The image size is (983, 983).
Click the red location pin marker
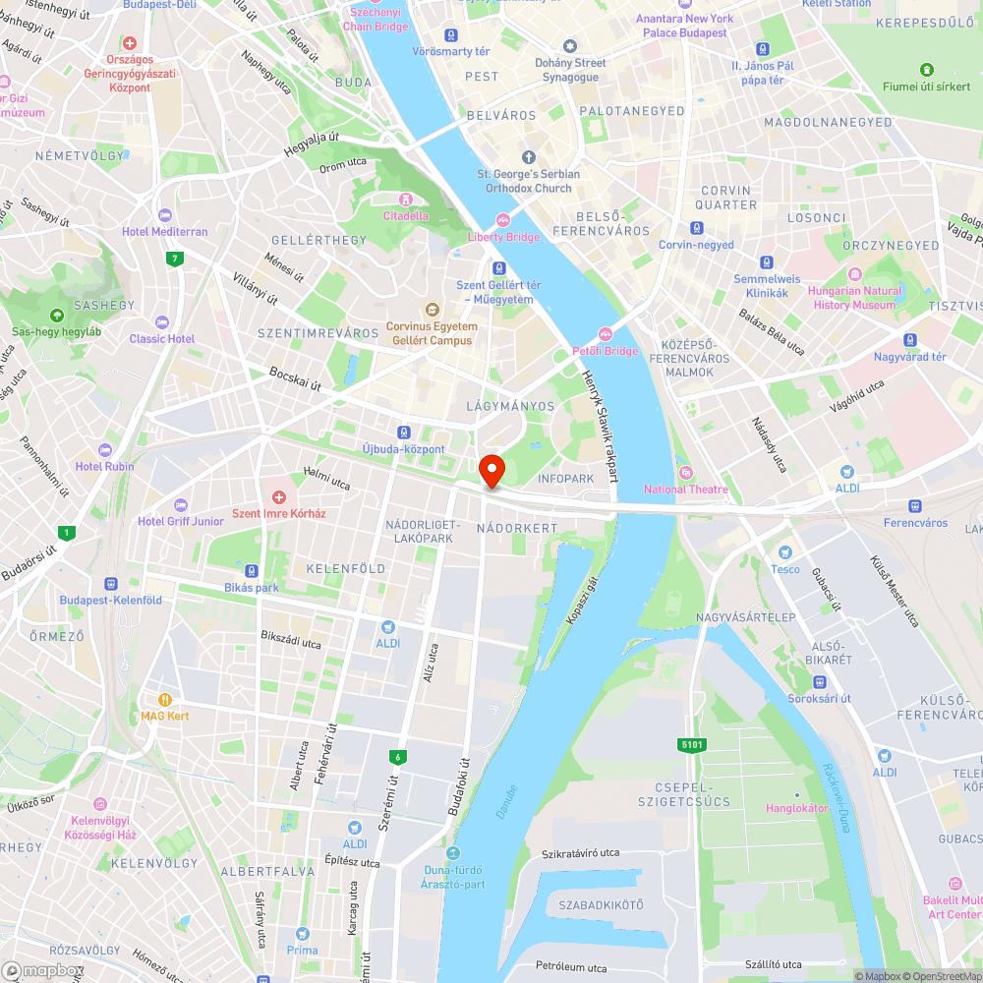tap(491, 471)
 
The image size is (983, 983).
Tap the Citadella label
tap(406, 215)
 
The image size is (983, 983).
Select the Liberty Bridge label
tap(504, 237)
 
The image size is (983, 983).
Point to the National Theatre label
tap(686, 489)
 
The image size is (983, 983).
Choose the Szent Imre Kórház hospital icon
tap(279, 497)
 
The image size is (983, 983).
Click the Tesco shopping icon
tap(784, 553)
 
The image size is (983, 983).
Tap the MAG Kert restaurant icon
tap(165, 699)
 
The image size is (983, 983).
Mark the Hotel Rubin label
tap(105, 466)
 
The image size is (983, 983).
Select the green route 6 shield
tap(398, 756)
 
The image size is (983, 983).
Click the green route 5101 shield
tap(692, 745)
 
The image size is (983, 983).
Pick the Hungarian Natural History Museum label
tap(854, 298)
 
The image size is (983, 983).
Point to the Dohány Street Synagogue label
tap(570, 69)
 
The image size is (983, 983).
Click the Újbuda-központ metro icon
tap(403, 433)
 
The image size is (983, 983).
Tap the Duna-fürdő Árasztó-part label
tap(454, 876)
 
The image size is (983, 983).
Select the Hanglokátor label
tap(797, 808)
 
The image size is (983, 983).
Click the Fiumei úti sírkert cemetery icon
tap(926, 70)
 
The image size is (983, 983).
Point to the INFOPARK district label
tap(566, 479)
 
